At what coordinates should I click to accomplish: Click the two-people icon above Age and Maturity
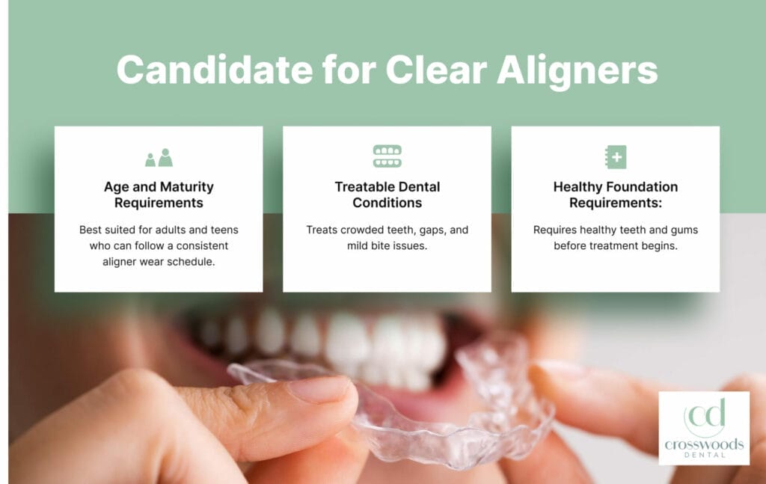pyautogui.click(x=159, y=157)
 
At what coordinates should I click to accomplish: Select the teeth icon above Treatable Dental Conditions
pyautogui.click(x=387, y=156)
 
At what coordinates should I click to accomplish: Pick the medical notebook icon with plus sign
pyautogui.click(x=615, y=157)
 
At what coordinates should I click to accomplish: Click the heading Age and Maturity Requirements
pyautogui.click(x=159, y=194)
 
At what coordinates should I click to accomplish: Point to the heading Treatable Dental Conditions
pyautogui.click(x=387, y=194)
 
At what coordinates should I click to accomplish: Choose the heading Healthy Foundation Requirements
pyautogui.click(x=615, y=194)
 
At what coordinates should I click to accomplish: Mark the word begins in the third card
pyautogui.click(x=658, y=245)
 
